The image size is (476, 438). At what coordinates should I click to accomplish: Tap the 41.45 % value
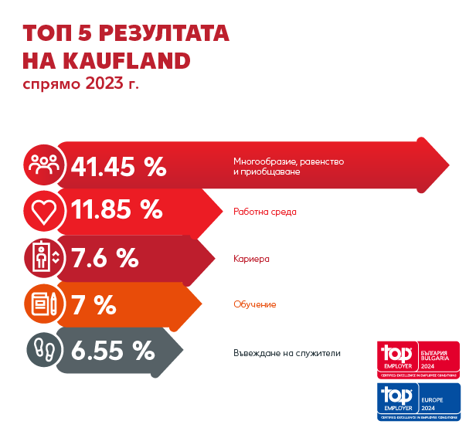click(x=118, y=165)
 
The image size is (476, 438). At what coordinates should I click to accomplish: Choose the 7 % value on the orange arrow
click(x=93, y=304)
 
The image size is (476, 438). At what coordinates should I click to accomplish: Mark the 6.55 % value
click(x=112, y=350)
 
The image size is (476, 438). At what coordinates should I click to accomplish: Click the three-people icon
click(x=42, y=164)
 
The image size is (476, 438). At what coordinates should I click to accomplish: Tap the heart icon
click(x=42, y=209)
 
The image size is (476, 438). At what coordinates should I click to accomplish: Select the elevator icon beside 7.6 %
click(x=42, y=257)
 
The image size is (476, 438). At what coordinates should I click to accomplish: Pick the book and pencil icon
click(x=42, y=303)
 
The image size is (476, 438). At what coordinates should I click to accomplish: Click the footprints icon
click(x=42, y=349)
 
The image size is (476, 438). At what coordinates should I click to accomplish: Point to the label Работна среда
click(x=265, y=211)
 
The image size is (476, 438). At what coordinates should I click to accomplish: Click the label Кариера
click(x=251, y=259)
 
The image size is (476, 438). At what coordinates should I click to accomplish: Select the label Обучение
click(x=254, y=304)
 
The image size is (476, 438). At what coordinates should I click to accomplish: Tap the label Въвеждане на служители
click(x=287, y=353)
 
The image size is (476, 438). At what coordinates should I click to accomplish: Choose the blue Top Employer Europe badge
click(x=417, y=401)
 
